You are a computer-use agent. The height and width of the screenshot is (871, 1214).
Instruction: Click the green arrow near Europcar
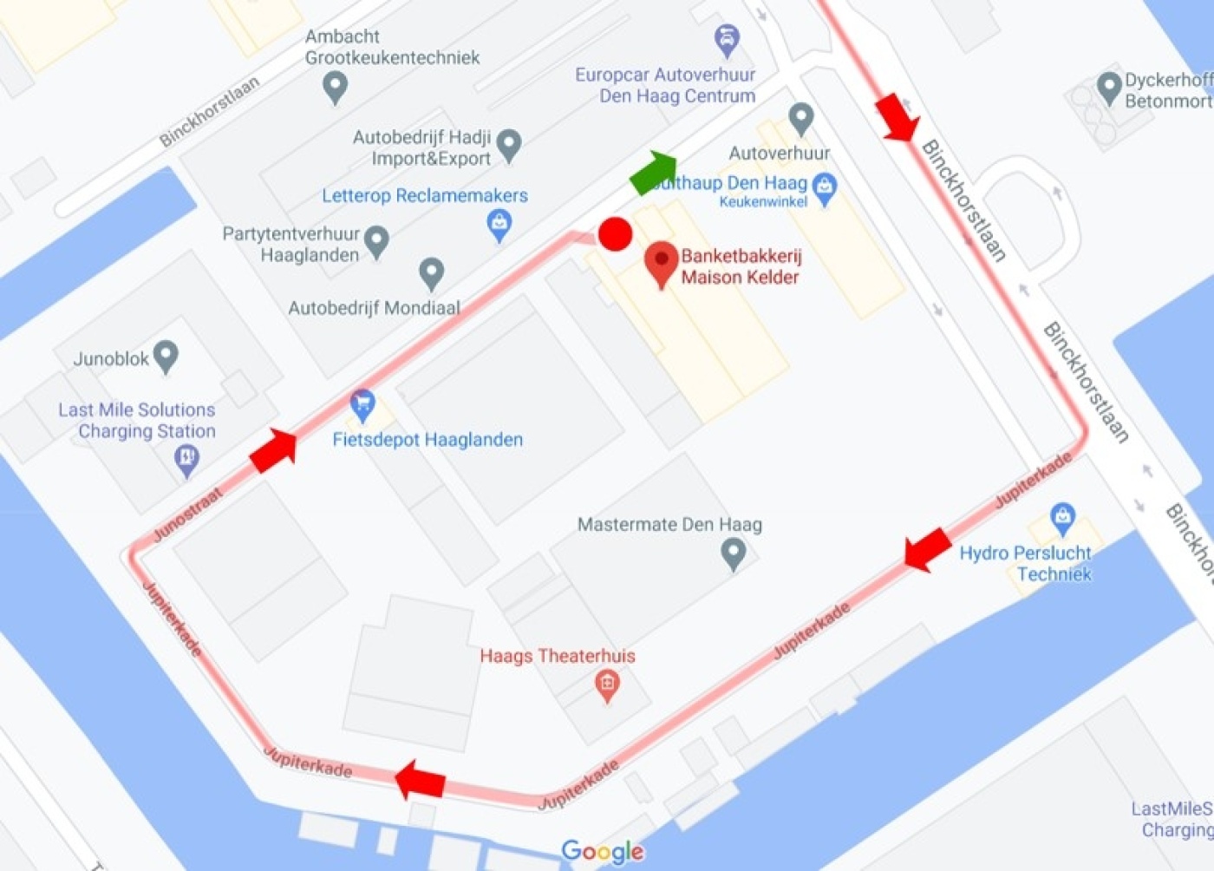coord(654,172)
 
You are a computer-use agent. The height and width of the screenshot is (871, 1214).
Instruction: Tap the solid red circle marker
coord(616,234)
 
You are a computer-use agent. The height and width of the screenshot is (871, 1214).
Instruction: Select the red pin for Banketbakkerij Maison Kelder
coord(662,263)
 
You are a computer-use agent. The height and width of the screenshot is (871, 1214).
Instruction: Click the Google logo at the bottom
coord(603,851)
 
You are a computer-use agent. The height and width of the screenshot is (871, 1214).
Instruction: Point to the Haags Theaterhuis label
coord(558,656)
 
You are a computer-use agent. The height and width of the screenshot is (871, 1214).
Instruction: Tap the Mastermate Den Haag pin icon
coord(734,553)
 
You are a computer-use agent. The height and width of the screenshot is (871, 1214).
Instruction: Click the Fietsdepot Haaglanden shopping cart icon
coord(362,404)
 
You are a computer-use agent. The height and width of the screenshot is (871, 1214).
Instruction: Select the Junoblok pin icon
coord(165,356)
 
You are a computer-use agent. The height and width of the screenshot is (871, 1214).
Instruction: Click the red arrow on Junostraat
coord(274,450)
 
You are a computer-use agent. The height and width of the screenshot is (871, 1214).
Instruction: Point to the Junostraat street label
coord(187,514)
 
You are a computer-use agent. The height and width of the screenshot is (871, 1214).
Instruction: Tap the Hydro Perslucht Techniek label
coord(1026,563)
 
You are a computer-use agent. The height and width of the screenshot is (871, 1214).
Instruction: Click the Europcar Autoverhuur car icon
coord(727,39)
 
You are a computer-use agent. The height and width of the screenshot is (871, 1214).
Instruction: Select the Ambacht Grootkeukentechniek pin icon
coord(335,86)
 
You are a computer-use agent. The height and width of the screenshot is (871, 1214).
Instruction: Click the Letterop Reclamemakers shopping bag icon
coord(499,225)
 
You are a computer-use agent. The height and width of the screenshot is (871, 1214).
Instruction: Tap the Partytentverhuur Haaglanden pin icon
coord(376,241)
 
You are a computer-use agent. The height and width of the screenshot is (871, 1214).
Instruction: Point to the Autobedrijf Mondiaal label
coord(374,308)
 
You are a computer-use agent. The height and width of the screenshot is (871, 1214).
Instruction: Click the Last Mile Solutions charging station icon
coord(186,458)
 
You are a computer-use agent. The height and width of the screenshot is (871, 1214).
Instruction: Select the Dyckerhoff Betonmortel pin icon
coord(1108,87)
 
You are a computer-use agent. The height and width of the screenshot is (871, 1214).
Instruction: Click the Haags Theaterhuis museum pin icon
coord(607,685)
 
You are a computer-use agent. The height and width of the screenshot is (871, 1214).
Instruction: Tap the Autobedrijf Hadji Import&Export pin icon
coord(509,145)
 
